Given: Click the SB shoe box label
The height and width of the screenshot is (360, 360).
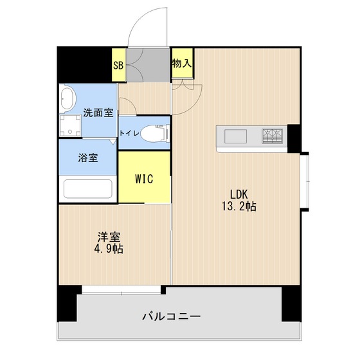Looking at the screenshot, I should click(118, 65).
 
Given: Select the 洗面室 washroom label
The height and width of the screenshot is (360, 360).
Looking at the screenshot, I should click(98, 113).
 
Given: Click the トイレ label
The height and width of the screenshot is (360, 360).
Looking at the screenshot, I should click(126, 133).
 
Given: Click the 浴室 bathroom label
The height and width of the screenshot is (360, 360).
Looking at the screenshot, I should click(89, 157).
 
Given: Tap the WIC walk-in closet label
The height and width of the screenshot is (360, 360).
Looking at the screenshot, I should click(144, 179).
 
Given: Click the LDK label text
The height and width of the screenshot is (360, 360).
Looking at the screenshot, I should click(239, 194).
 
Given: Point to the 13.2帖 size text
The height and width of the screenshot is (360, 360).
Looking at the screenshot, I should click(239, 207).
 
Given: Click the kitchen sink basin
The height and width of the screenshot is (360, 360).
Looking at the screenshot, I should click(234, 136).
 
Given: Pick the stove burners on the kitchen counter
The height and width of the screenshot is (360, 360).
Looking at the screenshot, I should click(272, 136).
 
